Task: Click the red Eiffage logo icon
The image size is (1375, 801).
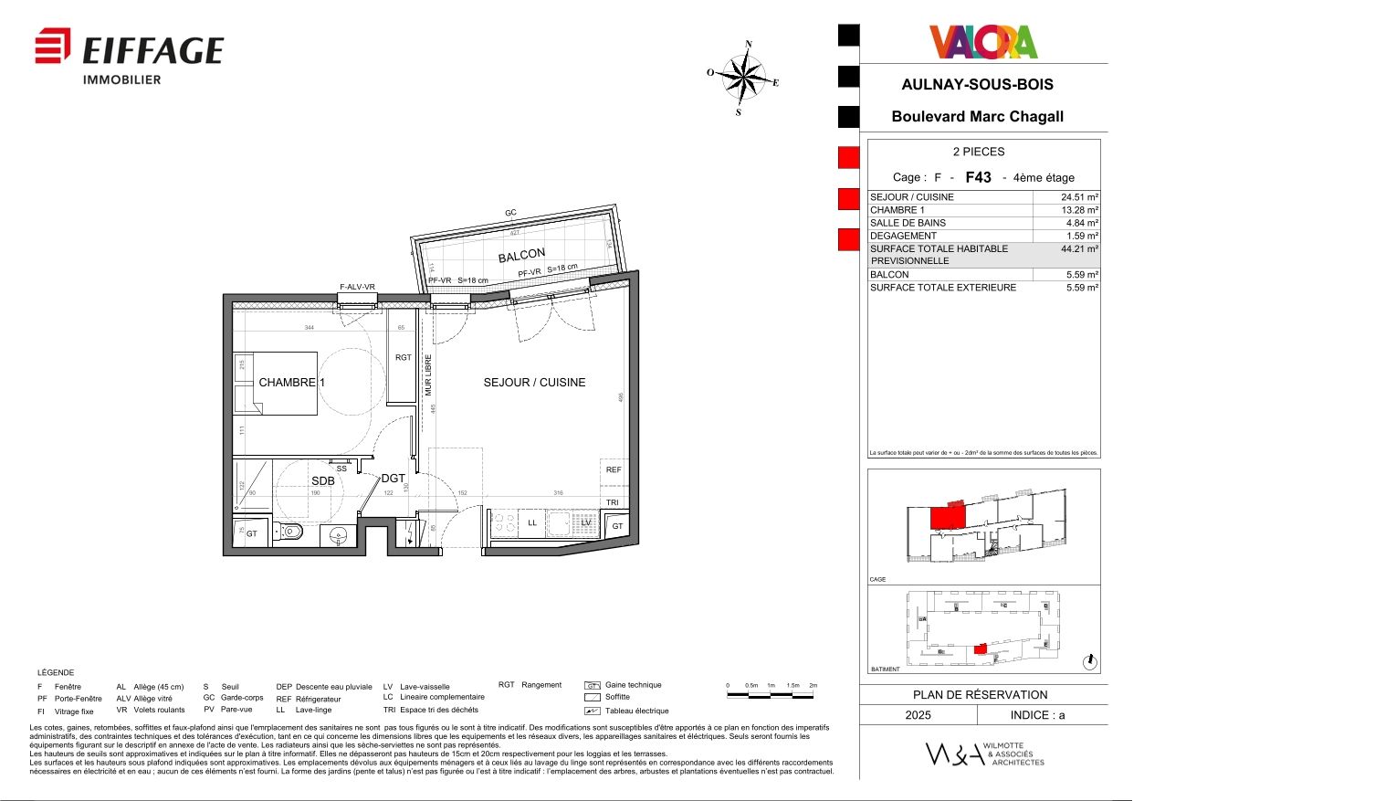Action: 53,47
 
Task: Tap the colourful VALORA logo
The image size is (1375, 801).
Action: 983,42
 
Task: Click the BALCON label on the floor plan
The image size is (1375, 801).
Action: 521,255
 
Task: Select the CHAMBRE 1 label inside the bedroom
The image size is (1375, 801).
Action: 291,383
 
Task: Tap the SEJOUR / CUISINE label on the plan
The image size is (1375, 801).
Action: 534,383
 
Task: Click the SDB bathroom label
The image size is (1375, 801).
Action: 322,481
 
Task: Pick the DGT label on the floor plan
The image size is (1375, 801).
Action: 393,479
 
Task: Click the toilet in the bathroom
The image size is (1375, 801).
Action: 290,532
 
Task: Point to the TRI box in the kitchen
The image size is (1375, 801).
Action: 613,503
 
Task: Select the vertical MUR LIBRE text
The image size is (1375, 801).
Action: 427,374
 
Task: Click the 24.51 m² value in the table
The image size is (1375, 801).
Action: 1079,197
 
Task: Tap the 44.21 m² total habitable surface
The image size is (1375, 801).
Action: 1079,248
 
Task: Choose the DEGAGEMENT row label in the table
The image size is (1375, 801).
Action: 903,236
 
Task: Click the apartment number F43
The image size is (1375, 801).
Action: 978,177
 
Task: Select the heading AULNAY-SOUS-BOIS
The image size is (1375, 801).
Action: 977,84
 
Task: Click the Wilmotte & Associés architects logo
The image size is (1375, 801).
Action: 984,754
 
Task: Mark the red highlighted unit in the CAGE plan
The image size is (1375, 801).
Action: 947,518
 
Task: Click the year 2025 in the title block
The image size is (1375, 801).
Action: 918,715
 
